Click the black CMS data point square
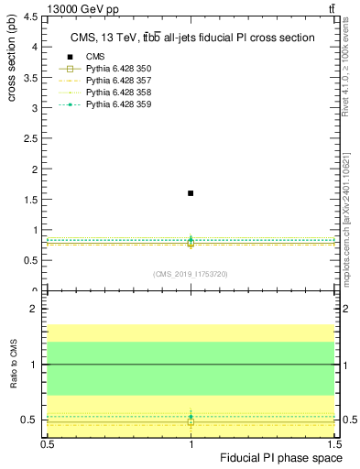pyautogui.click(x=191, y=193)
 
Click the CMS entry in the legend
pyautogui.click(x=96, y=57)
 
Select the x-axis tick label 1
pyautogui.click(x=191, y=442)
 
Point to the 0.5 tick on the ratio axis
pyautogui.click(x=34, y=420)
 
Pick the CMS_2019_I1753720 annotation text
pyautogui.click(x=191, y=274)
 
